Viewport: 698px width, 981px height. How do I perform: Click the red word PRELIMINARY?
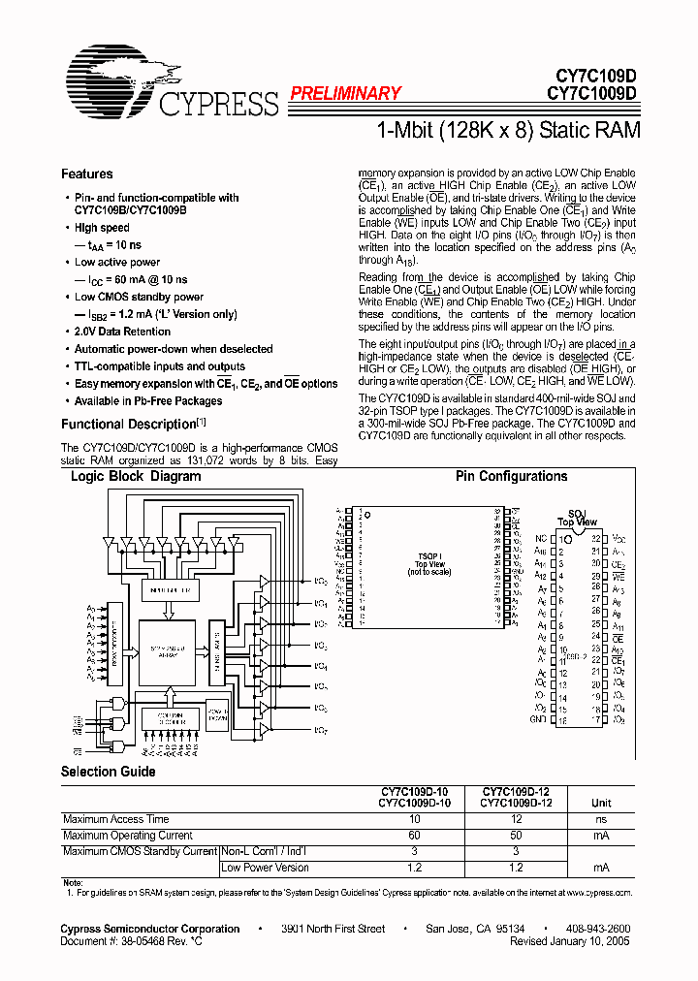click(345, 93)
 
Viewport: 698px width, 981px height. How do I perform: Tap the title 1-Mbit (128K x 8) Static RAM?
click(505, 130)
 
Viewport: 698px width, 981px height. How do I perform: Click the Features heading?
click(87, 174)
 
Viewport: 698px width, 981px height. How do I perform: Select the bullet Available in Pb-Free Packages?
click(148, 401)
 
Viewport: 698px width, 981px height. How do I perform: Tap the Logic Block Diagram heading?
click(136, 477)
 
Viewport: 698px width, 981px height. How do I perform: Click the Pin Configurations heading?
click(512, 477)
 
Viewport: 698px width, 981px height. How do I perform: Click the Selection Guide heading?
click(108, 772)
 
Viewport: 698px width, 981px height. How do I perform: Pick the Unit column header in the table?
click(602, 803)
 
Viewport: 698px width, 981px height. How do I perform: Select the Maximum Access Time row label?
click(114, 819)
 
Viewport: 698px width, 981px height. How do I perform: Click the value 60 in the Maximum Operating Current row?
click(413, 835)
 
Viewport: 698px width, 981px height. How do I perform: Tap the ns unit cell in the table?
click(602, 819)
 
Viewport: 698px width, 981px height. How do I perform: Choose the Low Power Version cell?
click(266, 868)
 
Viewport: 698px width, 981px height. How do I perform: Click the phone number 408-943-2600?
click(598, 929)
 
